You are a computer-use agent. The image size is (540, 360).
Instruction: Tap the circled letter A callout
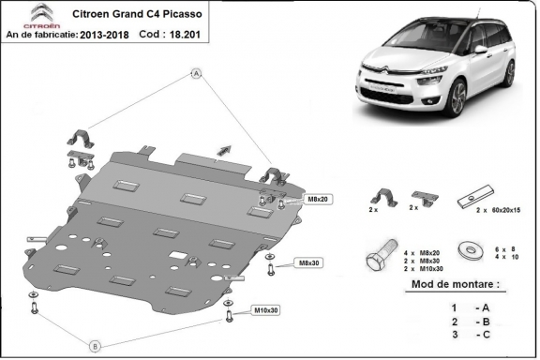(x=197, y=72)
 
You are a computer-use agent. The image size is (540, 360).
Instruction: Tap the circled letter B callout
(x=94, y=346)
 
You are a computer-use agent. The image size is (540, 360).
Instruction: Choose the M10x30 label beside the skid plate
(x=266, y=309)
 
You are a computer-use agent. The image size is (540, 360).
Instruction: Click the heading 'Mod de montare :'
(x=456, y=284)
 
